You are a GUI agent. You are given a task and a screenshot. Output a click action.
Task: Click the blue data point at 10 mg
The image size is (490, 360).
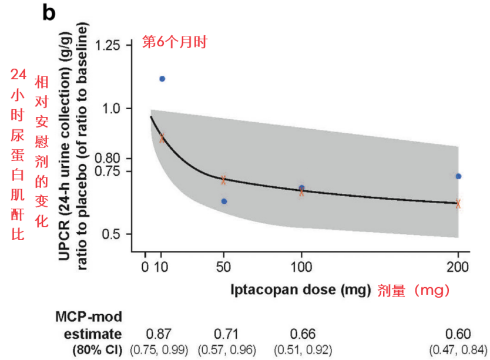coord(162,79)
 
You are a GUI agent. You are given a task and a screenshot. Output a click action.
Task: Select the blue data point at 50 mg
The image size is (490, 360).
coord(224,201)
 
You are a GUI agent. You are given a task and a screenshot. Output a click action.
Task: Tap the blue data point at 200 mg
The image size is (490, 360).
coord(458,176)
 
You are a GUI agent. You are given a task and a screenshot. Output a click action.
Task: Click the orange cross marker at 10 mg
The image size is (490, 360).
coord(162,138)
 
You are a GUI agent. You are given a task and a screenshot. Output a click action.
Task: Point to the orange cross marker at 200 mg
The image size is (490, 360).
coord(458,204)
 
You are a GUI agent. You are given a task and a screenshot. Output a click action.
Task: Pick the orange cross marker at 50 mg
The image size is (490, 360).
coord(223,180)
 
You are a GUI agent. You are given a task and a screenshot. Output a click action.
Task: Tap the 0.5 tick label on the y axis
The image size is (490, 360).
coord(112,234)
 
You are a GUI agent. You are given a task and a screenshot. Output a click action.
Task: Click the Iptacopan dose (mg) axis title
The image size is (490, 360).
coord(299,290)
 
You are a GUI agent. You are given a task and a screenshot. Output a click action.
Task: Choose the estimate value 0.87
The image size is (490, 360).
coord(159,334)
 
